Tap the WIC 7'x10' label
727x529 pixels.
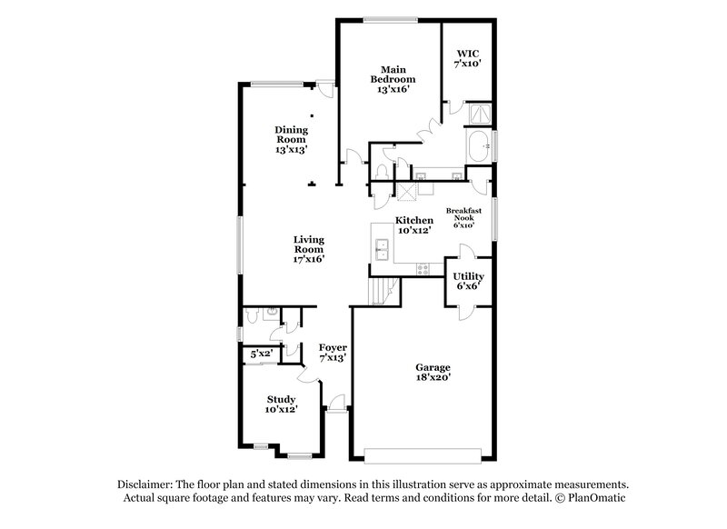[x=467, y=58]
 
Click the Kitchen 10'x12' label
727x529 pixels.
[x=412, y=225]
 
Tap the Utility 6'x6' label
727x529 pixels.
[x=468, y=280]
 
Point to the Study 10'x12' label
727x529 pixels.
[x=281, y=404]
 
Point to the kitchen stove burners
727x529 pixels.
[x=421, y=268]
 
